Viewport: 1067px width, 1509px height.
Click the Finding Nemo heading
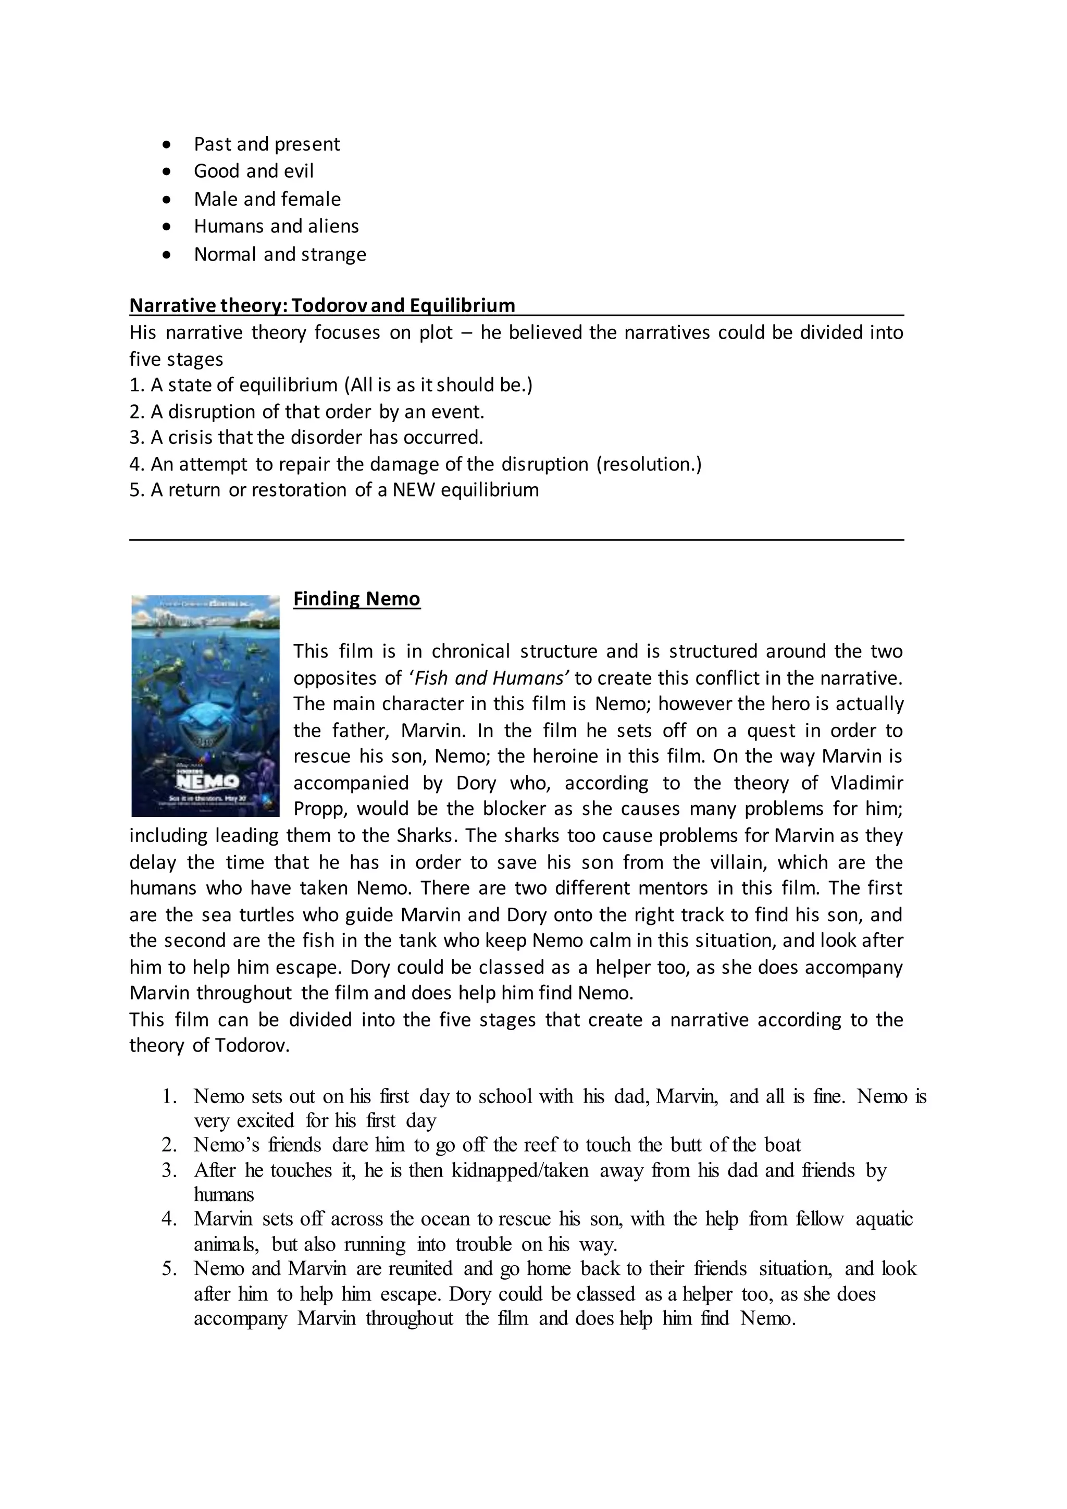point(356,599)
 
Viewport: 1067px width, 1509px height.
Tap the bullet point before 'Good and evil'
point(168,171)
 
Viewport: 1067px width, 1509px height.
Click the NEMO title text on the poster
point(208,782)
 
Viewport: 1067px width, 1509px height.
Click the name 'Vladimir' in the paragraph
point(866,783)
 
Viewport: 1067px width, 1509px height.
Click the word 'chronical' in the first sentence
point(470,651)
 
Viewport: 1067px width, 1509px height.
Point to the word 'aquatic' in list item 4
point(884,1219)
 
